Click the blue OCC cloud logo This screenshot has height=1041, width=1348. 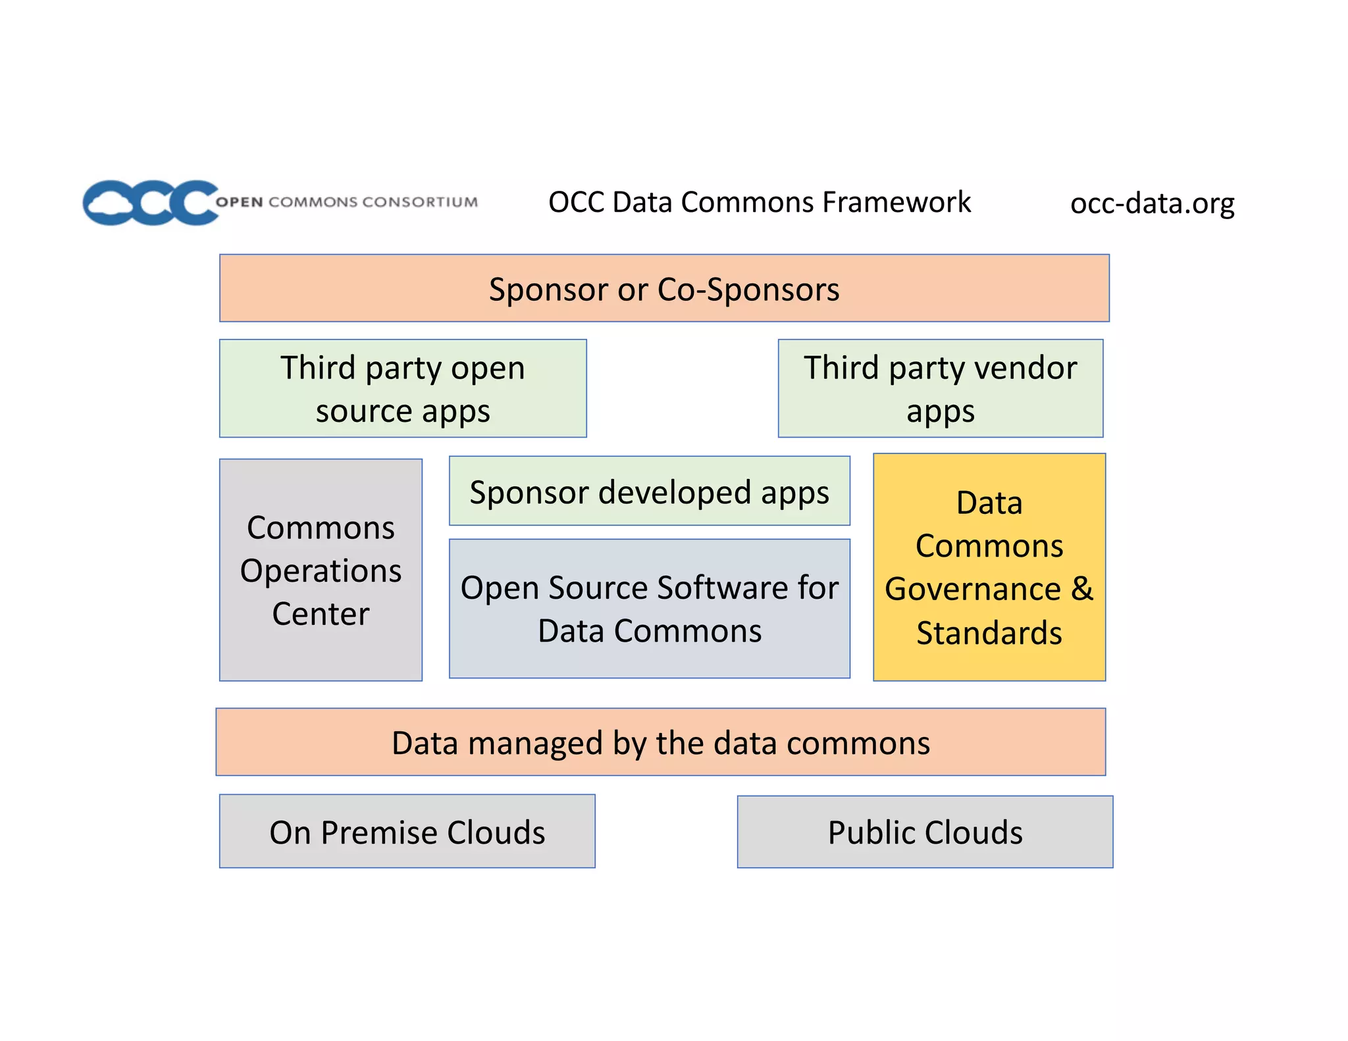click(x=150, y=203)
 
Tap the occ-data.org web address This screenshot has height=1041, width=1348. click(x=1152, y=203)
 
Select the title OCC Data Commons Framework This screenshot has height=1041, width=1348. click(x=759, y=202)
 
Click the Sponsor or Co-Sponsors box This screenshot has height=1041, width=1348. click(x=663, y=288)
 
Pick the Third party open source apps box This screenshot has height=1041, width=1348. click(x=403, y=388)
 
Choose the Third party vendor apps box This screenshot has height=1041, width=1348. click(x=940, y=388)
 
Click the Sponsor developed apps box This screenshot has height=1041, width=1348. click(x=649, y=491)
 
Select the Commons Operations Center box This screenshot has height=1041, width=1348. click(x=321, y=570)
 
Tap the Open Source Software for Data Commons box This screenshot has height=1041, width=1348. click(x=649, y=609)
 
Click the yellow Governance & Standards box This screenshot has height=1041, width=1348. click(x=989, y=567)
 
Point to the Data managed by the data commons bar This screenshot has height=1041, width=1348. click(x=660, y=742)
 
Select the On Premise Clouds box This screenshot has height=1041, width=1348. click(x=407, y=832)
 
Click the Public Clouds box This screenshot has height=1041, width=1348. click(x=925, y=832)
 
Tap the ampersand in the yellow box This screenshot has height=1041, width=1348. click(x=1082, y=588)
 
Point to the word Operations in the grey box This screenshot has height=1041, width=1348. click(x=321, y=571)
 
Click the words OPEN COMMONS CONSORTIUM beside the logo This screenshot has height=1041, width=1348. click(x=347, y=202)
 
